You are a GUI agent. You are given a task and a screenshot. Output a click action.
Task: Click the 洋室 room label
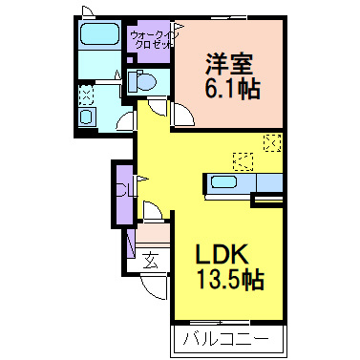229,64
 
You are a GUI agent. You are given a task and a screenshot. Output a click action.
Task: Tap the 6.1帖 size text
233,88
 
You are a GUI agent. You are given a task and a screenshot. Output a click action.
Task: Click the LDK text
222,254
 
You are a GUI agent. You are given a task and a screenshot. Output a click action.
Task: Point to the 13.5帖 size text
231,279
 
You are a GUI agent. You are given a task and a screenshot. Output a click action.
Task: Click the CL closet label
124,190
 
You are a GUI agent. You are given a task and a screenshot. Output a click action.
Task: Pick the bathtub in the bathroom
99,34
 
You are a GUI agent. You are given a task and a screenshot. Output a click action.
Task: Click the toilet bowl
142,81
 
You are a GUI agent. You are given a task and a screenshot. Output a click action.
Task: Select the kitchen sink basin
224,182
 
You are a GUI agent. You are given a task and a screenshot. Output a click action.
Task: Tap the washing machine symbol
87,116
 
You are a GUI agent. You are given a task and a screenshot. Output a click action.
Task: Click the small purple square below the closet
130,60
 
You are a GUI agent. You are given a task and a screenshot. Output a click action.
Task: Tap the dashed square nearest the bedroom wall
272,143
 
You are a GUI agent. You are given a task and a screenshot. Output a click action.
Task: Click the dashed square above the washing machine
86,95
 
